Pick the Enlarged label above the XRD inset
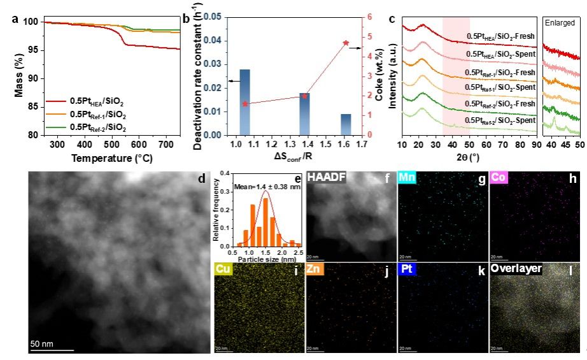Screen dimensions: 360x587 (x=560, y=20)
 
